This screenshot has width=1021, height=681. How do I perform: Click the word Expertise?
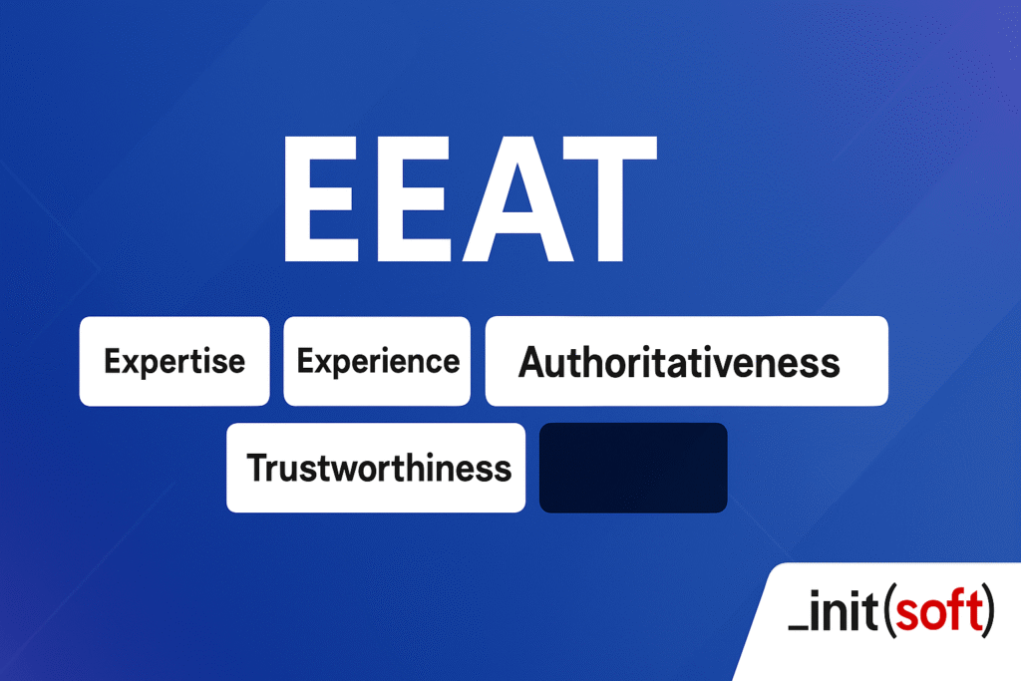(x=174, y=361)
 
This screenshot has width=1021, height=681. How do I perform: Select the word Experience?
(x=378, y=361)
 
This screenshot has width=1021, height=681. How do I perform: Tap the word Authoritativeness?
(x=679, y=362)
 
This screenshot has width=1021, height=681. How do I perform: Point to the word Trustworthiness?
(x=379, y=468)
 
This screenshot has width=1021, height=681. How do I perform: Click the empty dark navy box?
(x=633, y=468)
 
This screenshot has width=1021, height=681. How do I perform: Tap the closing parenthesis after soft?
(x=988, y=614)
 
